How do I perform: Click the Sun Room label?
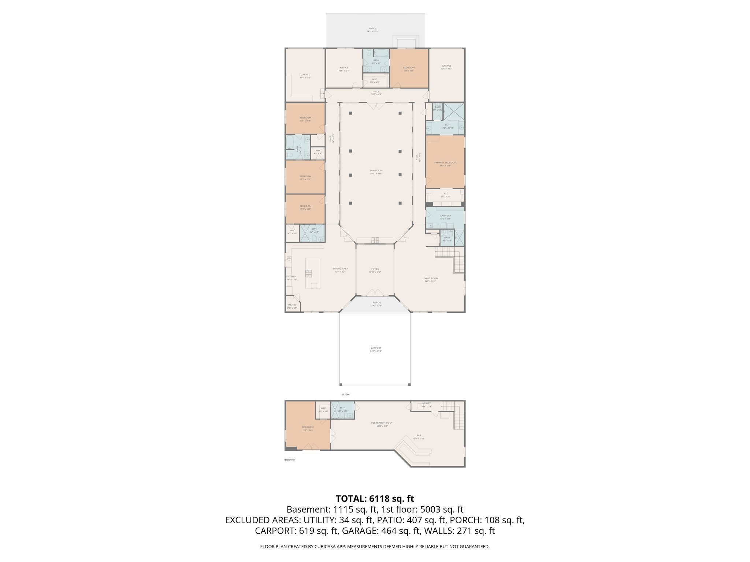pyautogui.click(x=376, y=171)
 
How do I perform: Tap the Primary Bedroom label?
pyautogui.click(x=445, y=163)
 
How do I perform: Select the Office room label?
pyautogui.click(x=344, y=68)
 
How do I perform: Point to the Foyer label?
pyautogui.click(x=375, y=269)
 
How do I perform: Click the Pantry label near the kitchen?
pyautogui.click(x=292, y=305)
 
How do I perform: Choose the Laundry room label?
pyautogui.click(x=445, y=216)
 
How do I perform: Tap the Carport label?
pyautogui.click(x=376, y=348)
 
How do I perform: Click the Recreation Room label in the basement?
pyautogui.click(x=382, y=423)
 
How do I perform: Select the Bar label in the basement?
pyautogui.click(x=419, y=435)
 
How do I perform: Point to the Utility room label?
pyautogui.click(x=426, y=404)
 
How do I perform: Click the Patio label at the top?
pyautogui.click(x=372, y=29)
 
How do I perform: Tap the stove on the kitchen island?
pyautogui.click(x=309, y=272)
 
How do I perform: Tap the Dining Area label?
pyautogui.click(x=340, y=269)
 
